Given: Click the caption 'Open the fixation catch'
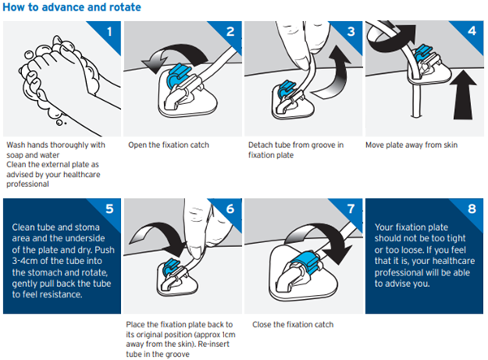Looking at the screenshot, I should (168, 145).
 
